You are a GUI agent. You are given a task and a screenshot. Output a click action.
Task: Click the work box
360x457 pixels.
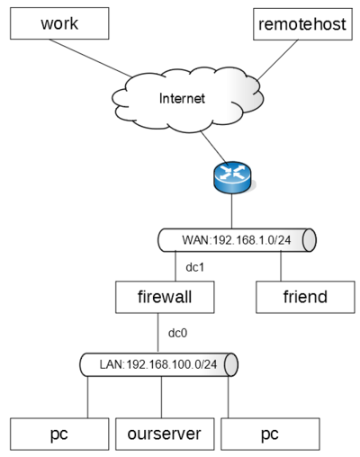(59, 23)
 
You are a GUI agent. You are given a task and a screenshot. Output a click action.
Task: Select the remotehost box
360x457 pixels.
(302, 24)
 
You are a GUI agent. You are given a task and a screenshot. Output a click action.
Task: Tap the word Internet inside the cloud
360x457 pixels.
(182, 98)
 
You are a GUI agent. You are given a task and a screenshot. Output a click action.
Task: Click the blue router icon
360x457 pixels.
(232, 177)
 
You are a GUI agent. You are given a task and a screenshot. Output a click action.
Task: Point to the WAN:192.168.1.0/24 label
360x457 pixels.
(237, 240)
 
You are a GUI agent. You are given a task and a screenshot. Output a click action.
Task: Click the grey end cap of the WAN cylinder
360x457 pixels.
(310, 240)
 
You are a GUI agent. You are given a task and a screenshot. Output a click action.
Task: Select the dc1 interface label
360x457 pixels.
(195, 267)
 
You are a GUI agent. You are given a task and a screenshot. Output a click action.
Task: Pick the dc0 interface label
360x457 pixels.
(177, 333)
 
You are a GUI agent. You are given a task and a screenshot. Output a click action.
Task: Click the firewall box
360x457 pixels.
(165, 297)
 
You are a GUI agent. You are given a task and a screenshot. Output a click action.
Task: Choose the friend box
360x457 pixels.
(305, 297)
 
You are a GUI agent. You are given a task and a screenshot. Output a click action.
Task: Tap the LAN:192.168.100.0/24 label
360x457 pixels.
(158, 364)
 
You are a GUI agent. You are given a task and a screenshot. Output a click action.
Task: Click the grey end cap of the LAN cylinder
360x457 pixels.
(231, 364)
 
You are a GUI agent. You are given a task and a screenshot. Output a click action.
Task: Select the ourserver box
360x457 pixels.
(165, 434)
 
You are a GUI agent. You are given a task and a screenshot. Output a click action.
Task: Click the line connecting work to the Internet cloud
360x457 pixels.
(90, 58)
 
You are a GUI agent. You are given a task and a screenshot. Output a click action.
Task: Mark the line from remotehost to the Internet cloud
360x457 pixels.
(278, 60)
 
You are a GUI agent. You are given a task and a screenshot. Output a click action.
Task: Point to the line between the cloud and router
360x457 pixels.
(214, 147)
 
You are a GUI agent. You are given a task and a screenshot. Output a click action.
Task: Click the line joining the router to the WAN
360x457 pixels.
(232, 211)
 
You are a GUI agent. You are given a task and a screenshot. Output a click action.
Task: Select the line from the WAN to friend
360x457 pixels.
(281, 266)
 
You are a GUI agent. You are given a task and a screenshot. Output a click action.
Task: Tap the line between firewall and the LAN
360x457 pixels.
(158, 333)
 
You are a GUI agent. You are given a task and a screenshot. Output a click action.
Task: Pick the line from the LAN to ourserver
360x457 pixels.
(162, 397)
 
